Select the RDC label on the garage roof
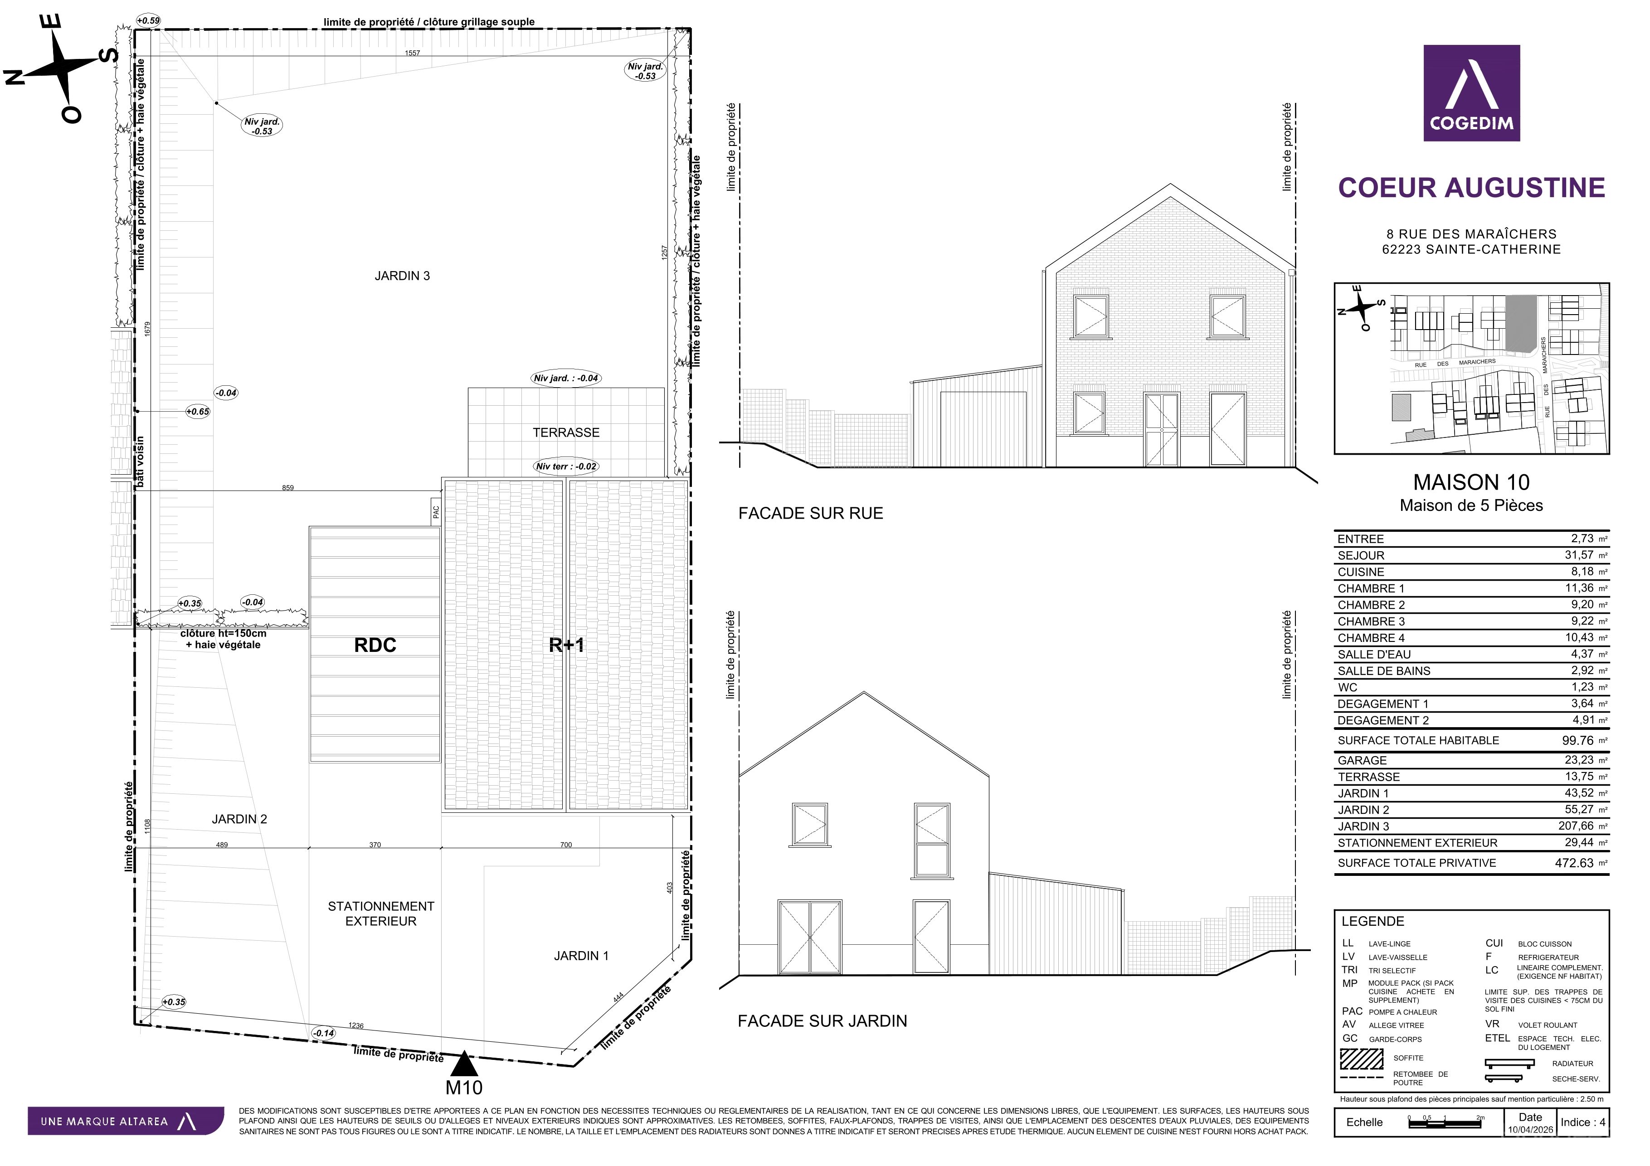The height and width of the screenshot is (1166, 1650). click(375, 645)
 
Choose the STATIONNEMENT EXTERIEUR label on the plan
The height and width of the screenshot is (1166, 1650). click(381, 914)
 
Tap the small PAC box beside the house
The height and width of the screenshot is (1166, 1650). click(435, 511)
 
